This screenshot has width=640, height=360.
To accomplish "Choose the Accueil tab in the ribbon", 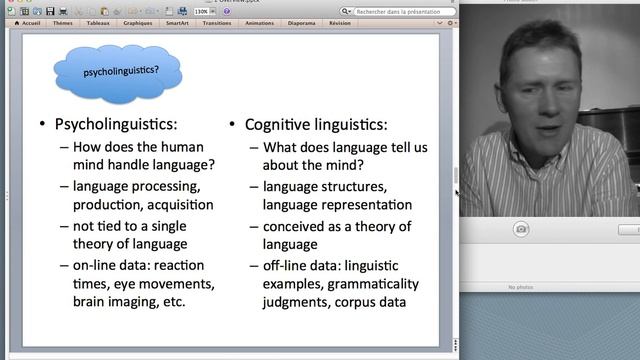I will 30,22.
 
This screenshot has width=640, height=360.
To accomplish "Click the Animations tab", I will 259,22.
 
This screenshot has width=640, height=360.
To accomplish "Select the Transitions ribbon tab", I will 218,22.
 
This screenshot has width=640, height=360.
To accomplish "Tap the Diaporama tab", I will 301,22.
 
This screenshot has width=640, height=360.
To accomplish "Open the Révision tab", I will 340,22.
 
